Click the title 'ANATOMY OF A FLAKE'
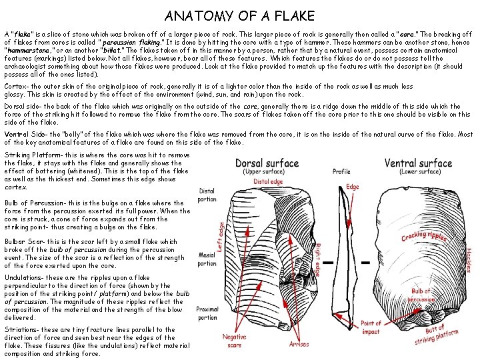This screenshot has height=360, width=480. [x=239, y=15]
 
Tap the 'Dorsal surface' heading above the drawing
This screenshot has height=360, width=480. [x=267, y=163]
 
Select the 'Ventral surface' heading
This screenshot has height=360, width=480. [x=418, y=163]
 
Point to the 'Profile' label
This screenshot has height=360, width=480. [x=341, y=172]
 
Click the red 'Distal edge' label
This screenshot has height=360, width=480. [x=268, y=181]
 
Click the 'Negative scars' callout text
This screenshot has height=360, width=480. [x=235, y=341]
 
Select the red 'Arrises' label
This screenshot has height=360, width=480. [x=299, y=345]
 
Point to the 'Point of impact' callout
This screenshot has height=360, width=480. [x=371, y=327]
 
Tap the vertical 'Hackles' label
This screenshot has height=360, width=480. [x=468, y=260]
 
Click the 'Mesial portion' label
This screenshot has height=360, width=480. [x=207, y=259]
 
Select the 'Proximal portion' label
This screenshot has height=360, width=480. [x=208, y=313]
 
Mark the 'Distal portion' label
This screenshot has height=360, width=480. [x=207, y=195]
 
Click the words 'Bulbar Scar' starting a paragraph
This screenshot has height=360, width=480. [x=21, y=241]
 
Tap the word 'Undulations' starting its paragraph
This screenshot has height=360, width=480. [x=25, y=277]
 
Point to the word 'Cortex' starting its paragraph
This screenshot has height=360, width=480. [x=15, y=86]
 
